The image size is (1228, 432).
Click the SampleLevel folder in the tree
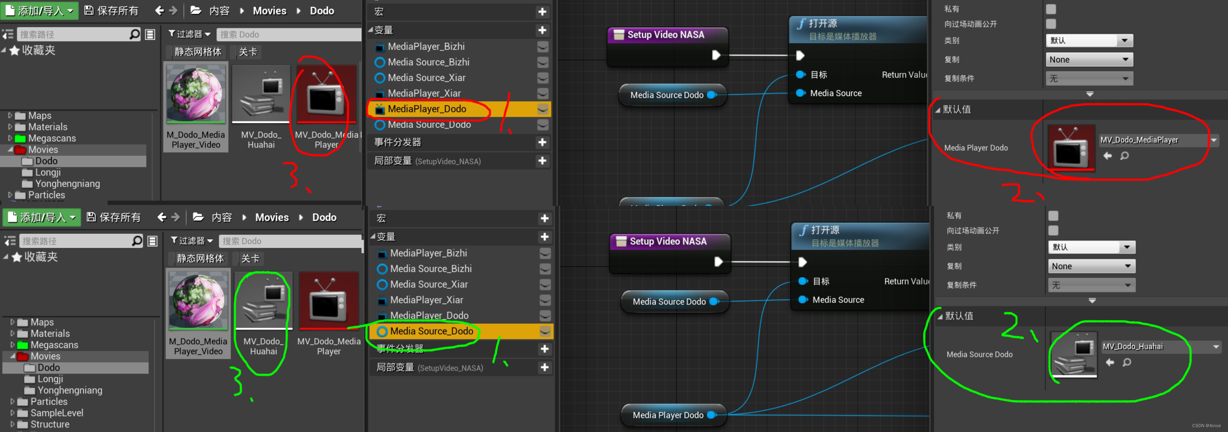(56, 413)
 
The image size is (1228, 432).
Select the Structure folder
(50, 424)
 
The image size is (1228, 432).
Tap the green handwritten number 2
(1013, 326)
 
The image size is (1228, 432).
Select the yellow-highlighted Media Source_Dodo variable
(431, 331)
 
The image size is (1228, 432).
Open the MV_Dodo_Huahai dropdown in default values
(1158, 347)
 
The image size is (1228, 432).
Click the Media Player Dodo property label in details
(976, 148)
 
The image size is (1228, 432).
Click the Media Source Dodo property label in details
(979, 354)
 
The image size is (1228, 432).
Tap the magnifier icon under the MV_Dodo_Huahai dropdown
(1126, 363)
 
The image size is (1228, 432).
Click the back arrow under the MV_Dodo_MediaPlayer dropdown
(1108, 156)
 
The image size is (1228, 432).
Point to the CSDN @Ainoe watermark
(1206, 425)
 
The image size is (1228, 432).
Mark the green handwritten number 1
(498, 353)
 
